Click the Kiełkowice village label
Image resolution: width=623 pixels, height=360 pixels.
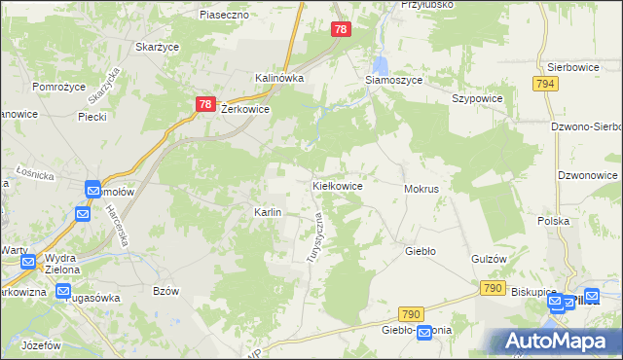point(337,185)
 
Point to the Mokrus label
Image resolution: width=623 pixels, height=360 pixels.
point(421,188)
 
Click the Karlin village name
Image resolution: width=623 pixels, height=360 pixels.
point(268,212)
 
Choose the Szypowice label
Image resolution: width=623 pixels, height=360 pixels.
point(477,99)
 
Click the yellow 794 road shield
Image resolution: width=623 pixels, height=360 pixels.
point(545,85)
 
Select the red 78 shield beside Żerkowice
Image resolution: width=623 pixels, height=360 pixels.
point(204,104)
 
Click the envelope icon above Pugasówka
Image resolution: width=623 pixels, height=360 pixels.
point(63,290)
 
